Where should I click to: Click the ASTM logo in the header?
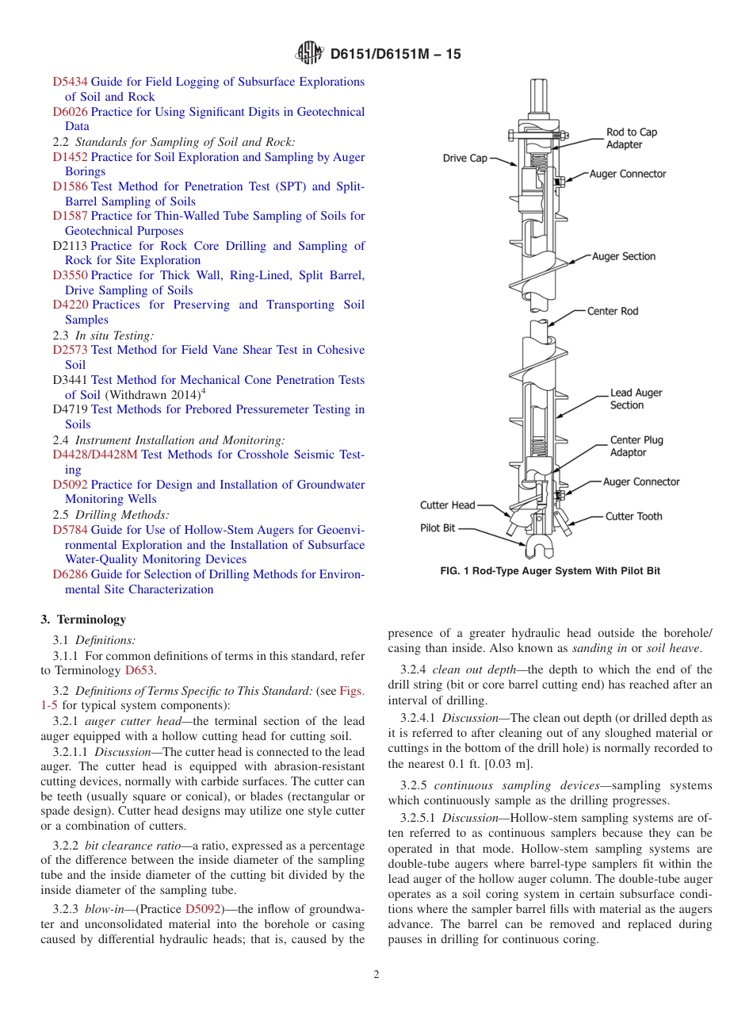click(309, 53)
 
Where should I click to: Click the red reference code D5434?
click(70, 82)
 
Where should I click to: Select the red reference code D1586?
click(70, 186)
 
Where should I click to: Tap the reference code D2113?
click(70, 246)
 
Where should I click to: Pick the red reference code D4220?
click(70, 305)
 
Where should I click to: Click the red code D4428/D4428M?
click(94, 455)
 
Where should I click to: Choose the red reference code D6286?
click(70, 574)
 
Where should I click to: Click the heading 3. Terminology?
click(83, 620)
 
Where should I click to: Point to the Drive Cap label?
click(465, 158)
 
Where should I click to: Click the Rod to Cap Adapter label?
click(632, 139)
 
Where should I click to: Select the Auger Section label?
click(624, 256)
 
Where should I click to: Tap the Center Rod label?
click(613, 311)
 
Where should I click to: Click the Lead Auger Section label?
click(636, 399)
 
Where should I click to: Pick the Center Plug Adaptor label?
click(636, 447)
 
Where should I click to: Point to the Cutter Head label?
click(448, 505)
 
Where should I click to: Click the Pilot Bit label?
click(438, 528)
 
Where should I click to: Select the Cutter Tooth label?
click(634, 516)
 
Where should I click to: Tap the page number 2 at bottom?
click(376, 975)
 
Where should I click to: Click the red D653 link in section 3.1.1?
click(140, 670)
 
